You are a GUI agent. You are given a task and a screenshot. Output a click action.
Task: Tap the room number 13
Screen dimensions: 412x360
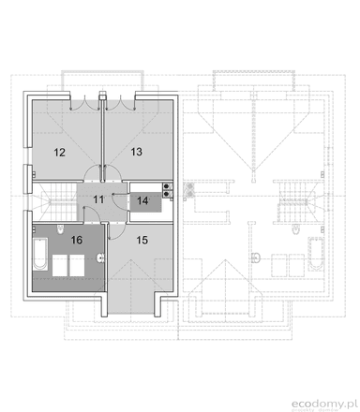coord(136,150)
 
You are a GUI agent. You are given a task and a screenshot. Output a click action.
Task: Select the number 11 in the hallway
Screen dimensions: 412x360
coord(98,199)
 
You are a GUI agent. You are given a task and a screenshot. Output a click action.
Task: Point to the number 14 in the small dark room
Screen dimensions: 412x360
coord(143,199)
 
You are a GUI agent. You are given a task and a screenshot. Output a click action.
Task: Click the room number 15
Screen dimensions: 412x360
coord(142,241)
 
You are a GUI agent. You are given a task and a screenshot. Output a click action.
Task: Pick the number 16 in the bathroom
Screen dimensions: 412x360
coord(78,241)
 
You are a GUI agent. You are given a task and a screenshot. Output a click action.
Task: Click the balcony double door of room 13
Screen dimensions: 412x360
coord(117,98)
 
